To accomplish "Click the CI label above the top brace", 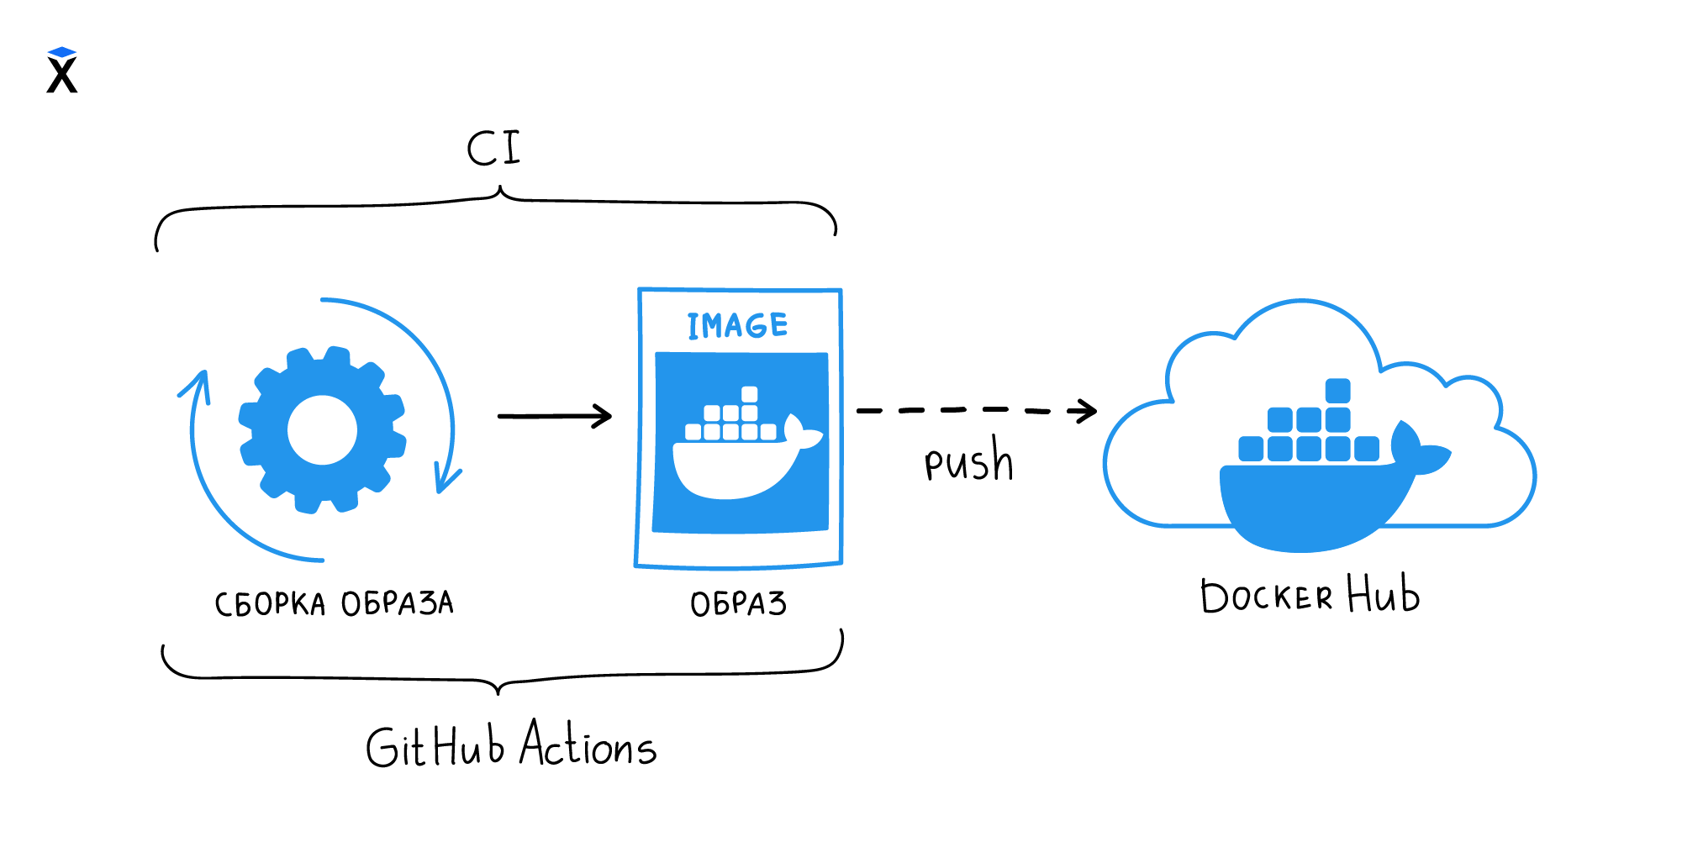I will pos(494,149).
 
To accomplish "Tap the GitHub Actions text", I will pos(510,745).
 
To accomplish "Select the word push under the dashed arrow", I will pos(968,460).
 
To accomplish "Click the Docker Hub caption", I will pos(1309,596).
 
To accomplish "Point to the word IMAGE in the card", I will pos(737,325).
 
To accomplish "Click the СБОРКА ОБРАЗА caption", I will pos(334,603).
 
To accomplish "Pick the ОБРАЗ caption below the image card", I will pos(738,603).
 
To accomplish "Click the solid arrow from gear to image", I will pos(555,416).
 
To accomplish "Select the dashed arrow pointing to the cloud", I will pos(975,410).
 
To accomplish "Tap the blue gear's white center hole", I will pos(322,430).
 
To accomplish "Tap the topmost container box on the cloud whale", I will pos(1337,391).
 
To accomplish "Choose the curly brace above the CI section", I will pos(496,206).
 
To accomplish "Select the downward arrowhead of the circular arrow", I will pos(446,481).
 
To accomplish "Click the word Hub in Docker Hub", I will pos(1383,594).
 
